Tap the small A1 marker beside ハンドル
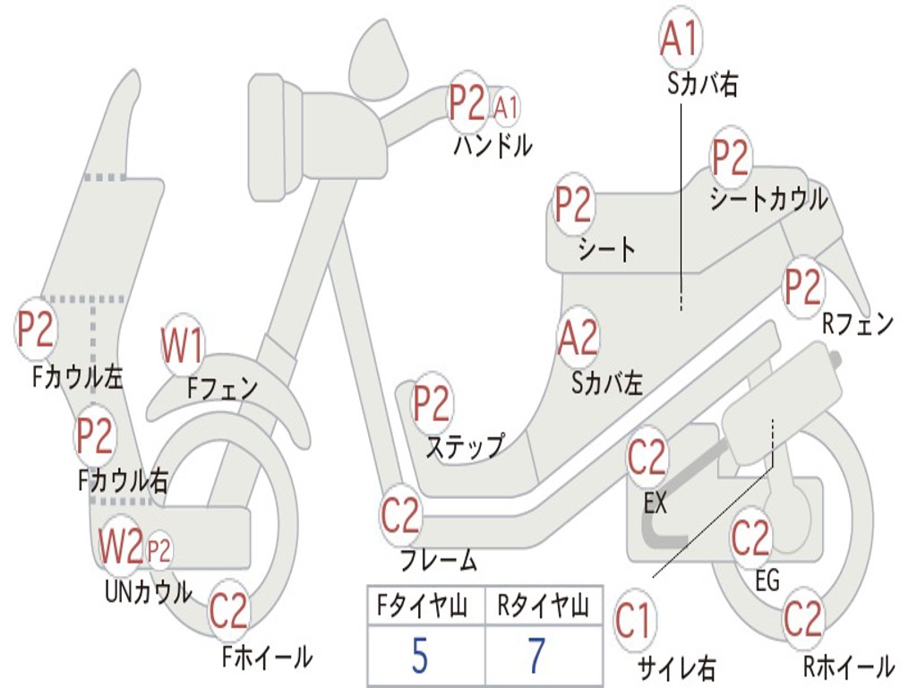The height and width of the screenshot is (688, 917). coord(506,107)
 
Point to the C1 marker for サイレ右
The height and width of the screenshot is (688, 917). coord(634,621)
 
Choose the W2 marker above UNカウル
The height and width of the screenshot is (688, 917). coord(121,546)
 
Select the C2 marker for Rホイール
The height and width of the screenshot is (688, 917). coord(802,619)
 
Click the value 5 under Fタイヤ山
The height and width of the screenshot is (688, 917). coord(420,656)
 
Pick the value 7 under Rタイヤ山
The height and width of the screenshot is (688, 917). coord(536,656)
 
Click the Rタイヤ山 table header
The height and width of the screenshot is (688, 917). coord(543,606)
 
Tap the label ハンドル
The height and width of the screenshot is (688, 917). coord(492,144)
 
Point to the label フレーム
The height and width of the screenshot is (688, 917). coord(438,561)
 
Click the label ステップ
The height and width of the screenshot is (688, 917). coord(464,445)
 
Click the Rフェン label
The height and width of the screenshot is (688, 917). coord(858,323)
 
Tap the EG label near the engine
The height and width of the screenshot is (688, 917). coord(767,580)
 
